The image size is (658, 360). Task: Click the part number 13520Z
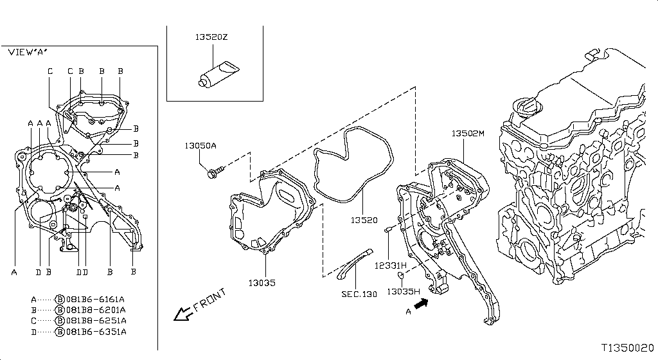[212, 38]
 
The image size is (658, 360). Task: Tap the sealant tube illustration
[217, 72]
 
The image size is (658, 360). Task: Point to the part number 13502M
[467, 134]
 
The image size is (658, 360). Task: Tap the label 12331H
[391, 265]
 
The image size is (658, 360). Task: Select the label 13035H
[404, 291]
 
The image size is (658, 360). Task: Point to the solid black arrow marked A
[421, 304]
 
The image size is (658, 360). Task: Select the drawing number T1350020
[628, 346]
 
